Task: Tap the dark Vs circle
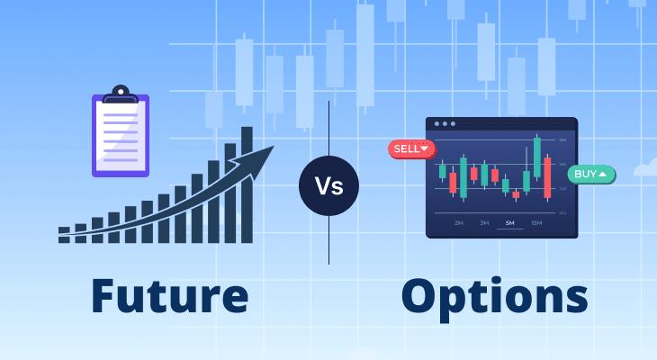point(328,186)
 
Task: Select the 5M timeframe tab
point(509,222)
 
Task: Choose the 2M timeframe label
point(458,222)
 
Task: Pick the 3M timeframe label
point(484,222)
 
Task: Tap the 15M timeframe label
point(536,222)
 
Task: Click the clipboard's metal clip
point(121,94)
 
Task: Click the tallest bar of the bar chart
point(247,184)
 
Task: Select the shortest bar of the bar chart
point(64,235)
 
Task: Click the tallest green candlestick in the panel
point(537,158)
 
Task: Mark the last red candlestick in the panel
point(548,176)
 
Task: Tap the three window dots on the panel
point(445,124)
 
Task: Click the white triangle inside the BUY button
point(602,173)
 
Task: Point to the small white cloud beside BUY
point(645,167)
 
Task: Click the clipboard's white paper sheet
point(121,135)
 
